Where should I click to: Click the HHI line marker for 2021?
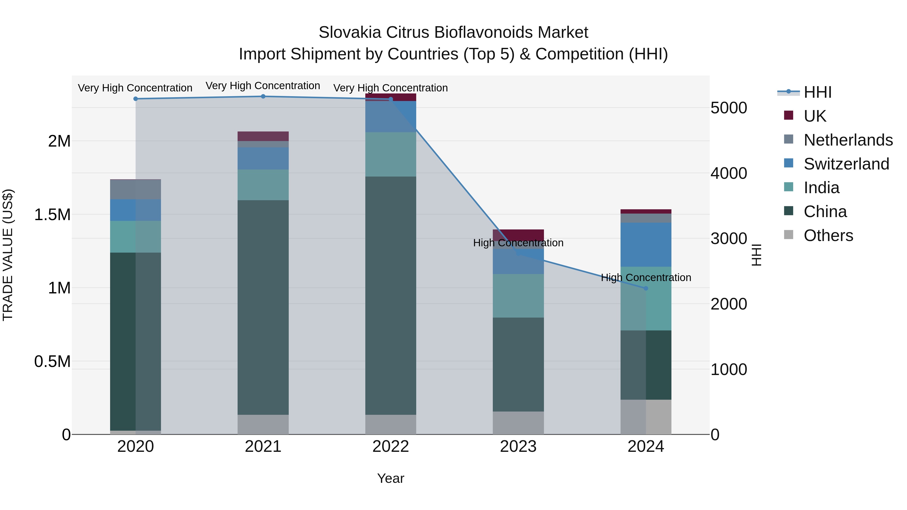coord(263,96)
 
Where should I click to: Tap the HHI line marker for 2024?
coord(646,288)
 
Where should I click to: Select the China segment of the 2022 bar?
coord(391,296)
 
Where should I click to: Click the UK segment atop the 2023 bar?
coord(518,234)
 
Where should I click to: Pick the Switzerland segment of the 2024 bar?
coord(646,245)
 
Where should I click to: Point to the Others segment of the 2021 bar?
coord(263,424)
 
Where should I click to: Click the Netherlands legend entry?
coord(848,140)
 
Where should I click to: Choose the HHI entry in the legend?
coord(817,92)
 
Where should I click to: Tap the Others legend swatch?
coord(789,235)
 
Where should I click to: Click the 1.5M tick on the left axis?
coord(52,215)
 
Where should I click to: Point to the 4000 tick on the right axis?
coord(728,173)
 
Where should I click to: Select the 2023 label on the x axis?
coord(518,447)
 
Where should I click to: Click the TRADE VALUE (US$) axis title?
coord(8,255)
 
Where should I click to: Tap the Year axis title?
coord(391,478)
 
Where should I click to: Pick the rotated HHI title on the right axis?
coord(756,255)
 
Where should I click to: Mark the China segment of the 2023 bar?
coord(518,364)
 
